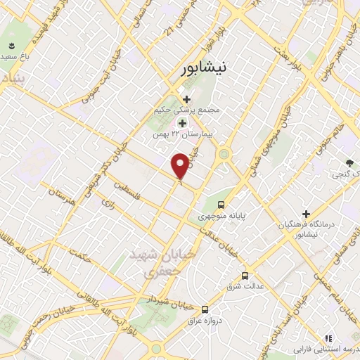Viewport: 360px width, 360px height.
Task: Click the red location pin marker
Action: tap(180, 166)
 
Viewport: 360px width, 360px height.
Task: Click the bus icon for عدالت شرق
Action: tap(245, 276)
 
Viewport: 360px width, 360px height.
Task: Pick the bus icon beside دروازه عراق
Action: tap(205, 309)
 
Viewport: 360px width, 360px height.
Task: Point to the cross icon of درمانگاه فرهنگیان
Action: tap(306, 213)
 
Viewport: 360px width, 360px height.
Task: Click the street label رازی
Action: tap(108, 203)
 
